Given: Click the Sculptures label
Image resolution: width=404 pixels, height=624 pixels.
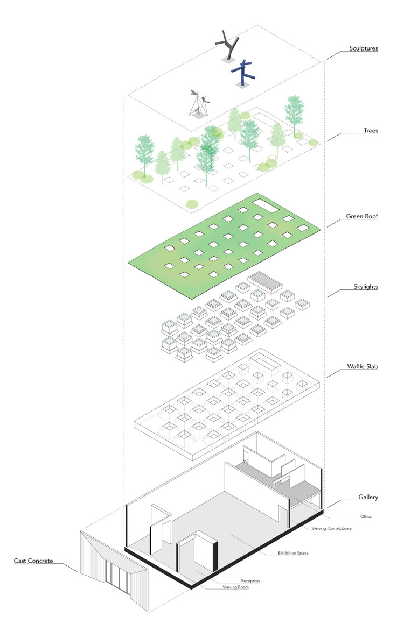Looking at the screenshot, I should click(x=363, y=48).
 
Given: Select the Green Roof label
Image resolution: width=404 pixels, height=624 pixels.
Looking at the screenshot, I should click(x=362, y=218).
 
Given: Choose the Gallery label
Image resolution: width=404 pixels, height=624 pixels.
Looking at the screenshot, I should click(x=367, y=497).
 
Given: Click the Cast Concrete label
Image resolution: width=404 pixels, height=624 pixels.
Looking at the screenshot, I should click(x=33, y=561).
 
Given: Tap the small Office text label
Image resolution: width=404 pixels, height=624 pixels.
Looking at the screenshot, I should click(x=366, y=516).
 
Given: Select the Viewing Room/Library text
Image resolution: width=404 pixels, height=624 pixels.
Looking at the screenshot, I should click(x=332, y=529).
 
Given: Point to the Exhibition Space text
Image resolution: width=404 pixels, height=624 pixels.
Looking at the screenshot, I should click(x=293, y=553).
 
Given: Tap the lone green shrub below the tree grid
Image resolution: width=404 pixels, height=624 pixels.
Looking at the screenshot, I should click(x=191, y=204).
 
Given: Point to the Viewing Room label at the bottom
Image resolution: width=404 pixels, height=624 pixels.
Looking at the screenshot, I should click(x=235, y=587).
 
